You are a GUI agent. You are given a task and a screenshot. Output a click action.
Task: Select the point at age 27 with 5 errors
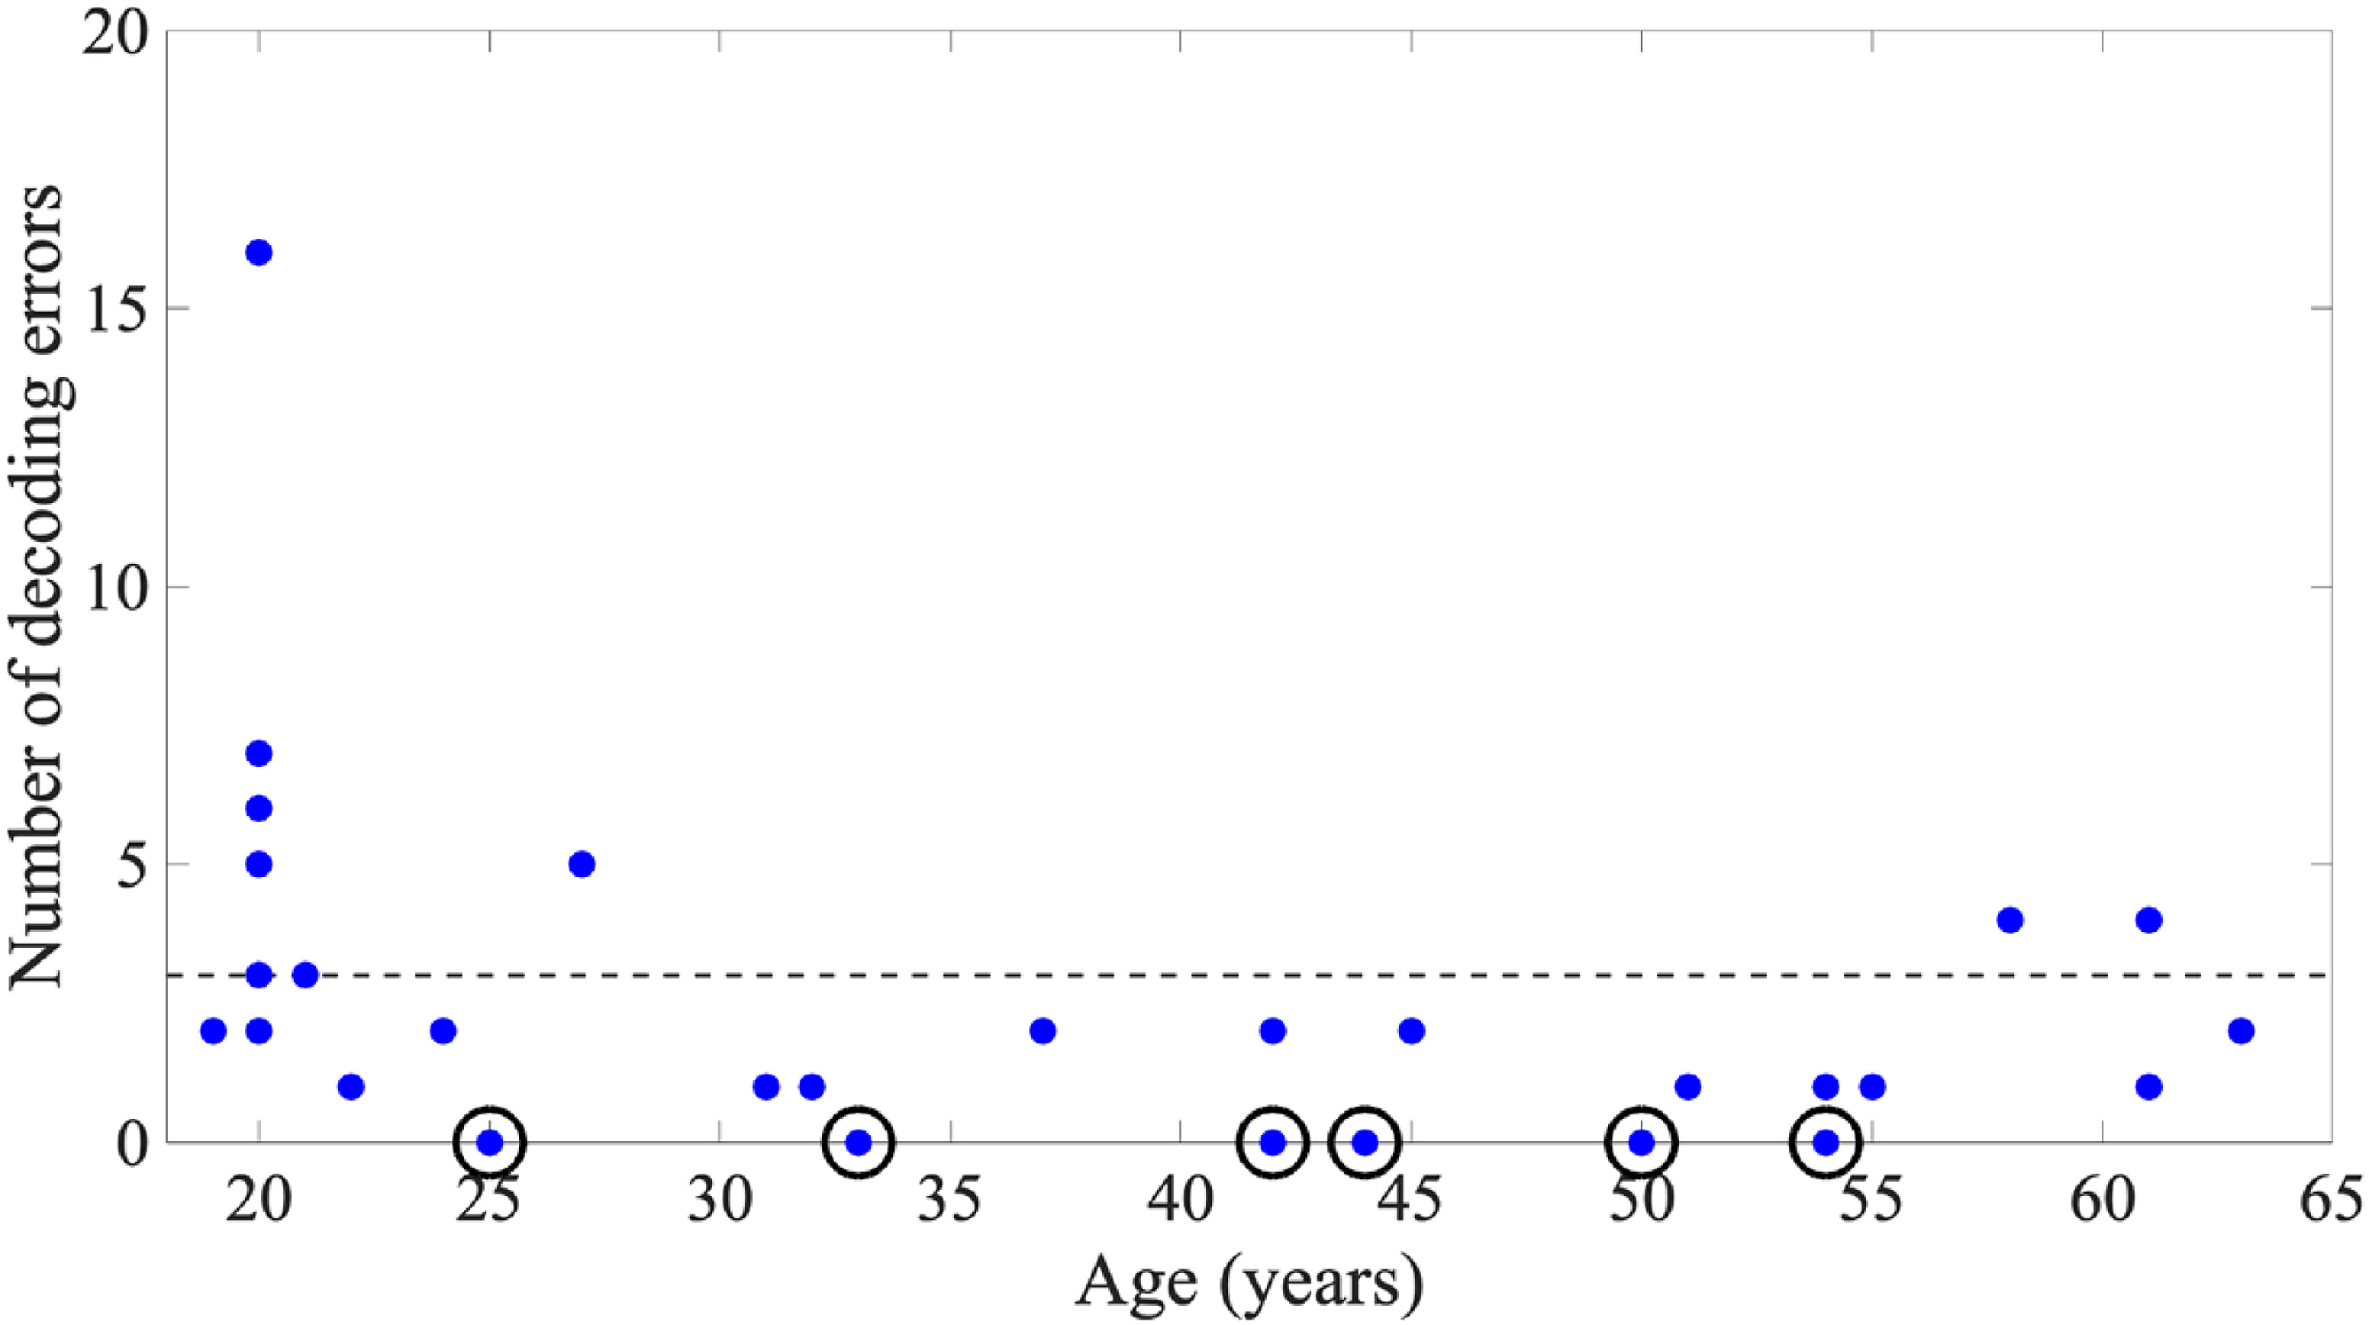pos(581,865)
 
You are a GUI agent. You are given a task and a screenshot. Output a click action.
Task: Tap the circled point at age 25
pos(490,1143)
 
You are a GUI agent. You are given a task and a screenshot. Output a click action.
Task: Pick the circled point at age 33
pos(859,1143)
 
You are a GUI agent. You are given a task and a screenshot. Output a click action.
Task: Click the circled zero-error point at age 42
pos(1272,1143)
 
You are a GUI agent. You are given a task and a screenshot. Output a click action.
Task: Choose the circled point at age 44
pos(1366,1143)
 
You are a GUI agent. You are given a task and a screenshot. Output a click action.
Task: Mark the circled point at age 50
pos(1641,1143)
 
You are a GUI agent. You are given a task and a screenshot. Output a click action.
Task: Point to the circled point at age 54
pos(1827,1143)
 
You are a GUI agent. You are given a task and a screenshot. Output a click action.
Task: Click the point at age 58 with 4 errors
pos(2010,921)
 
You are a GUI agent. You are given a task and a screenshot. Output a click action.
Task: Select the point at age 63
pos(2241,1031)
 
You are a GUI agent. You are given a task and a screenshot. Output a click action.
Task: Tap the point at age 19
pos(212,1031)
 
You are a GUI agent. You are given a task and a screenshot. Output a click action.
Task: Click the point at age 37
pos(1043,1031)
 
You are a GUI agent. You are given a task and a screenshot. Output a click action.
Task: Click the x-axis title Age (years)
pos(1249,1284)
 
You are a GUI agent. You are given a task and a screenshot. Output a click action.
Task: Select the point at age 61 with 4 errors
pos(2148,921)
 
